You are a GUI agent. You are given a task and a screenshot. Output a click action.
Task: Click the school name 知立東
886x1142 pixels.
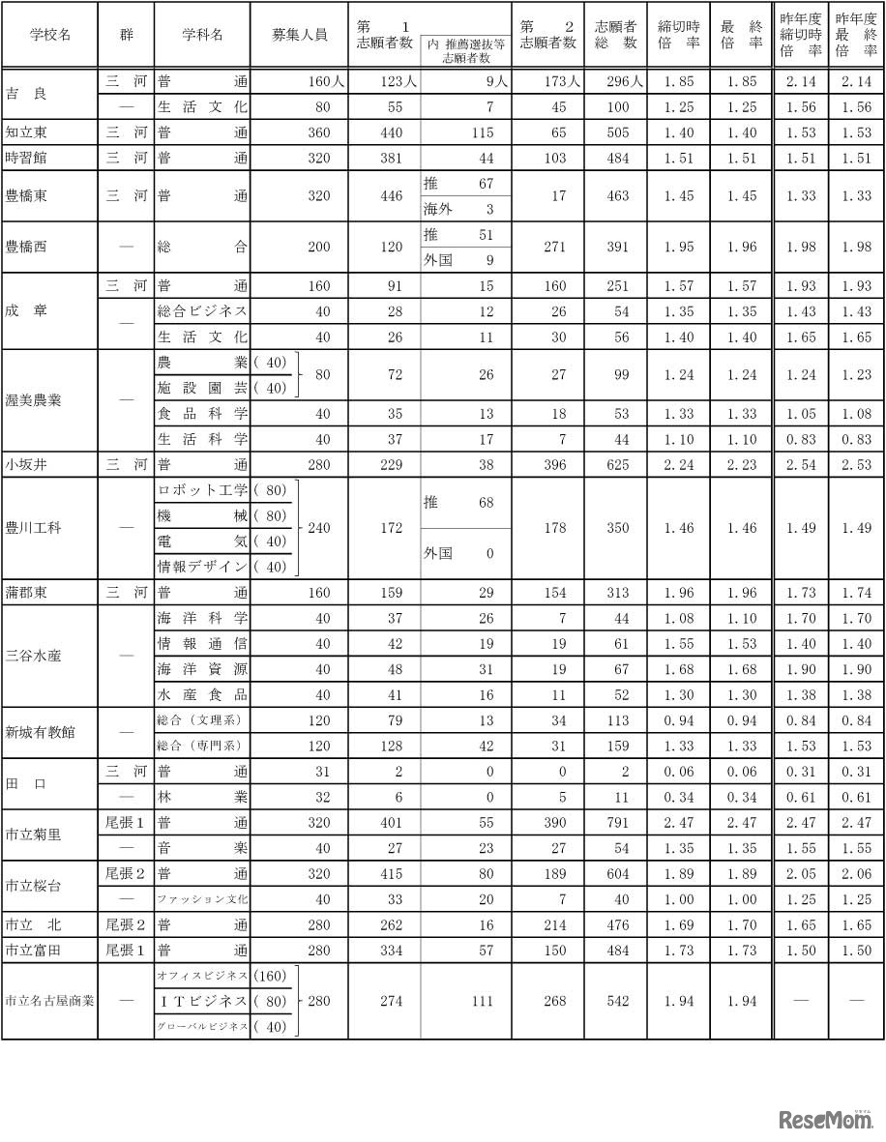[x=25, y=132]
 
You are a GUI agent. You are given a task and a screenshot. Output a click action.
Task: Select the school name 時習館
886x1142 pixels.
[x=25, y=158]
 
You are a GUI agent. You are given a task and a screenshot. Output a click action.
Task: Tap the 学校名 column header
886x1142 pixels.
[x=48, y=34]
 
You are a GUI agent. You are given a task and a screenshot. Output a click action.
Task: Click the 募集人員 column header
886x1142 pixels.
[x=300, y=34]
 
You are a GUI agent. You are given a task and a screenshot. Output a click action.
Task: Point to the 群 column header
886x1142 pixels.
[x=126, y=34]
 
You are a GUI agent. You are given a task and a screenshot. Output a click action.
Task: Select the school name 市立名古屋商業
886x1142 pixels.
[x=49, y=1001]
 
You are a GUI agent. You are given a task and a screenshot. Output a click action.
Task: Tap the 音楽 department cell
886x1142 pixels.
[x=201, y=847]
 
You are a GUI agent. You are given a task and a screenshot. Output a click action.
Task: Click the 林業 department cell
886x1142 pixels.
[x=201, y=797]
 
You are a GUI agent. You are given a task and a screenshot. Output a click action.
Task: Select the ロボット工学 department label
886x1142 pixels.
[x=202, y=490]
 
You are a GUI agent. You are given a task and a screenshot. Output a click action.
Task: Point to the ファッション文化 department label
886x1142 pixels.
[x=201, y=898]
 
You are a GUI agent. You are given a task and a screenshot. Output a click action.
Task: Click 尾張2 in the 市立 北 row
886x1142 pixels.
[x=126, y=923]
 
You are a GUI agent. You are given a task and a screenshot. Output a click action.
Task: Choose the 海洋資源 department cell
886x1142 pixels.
[x=201, y=669]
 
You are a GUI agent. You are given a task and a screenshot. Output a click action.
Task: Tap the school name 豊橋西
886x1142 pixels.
[x=25, y=247]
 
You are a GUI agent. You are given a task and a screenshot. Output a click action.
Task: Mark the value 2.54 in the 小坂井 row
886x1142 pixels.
[x=801, y=464]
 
